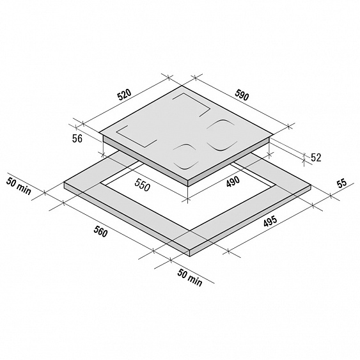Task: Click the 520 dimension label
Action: [x=124, y=95]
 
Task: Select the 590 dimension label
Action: [x=242, y=95]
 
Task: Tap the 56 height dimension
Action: [x=77, y=139]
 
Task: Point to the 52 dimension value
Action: [x=316, y=157]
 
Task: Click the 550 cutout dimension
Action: [x=143, y=185]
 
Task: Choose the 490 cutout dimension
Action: [x=233, y=182]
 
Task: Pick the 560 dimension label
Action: [x=100, y=231]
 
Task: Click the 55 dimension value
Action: [x=341, y=184]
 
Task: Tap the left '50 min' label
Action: [x=19, y=185]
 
